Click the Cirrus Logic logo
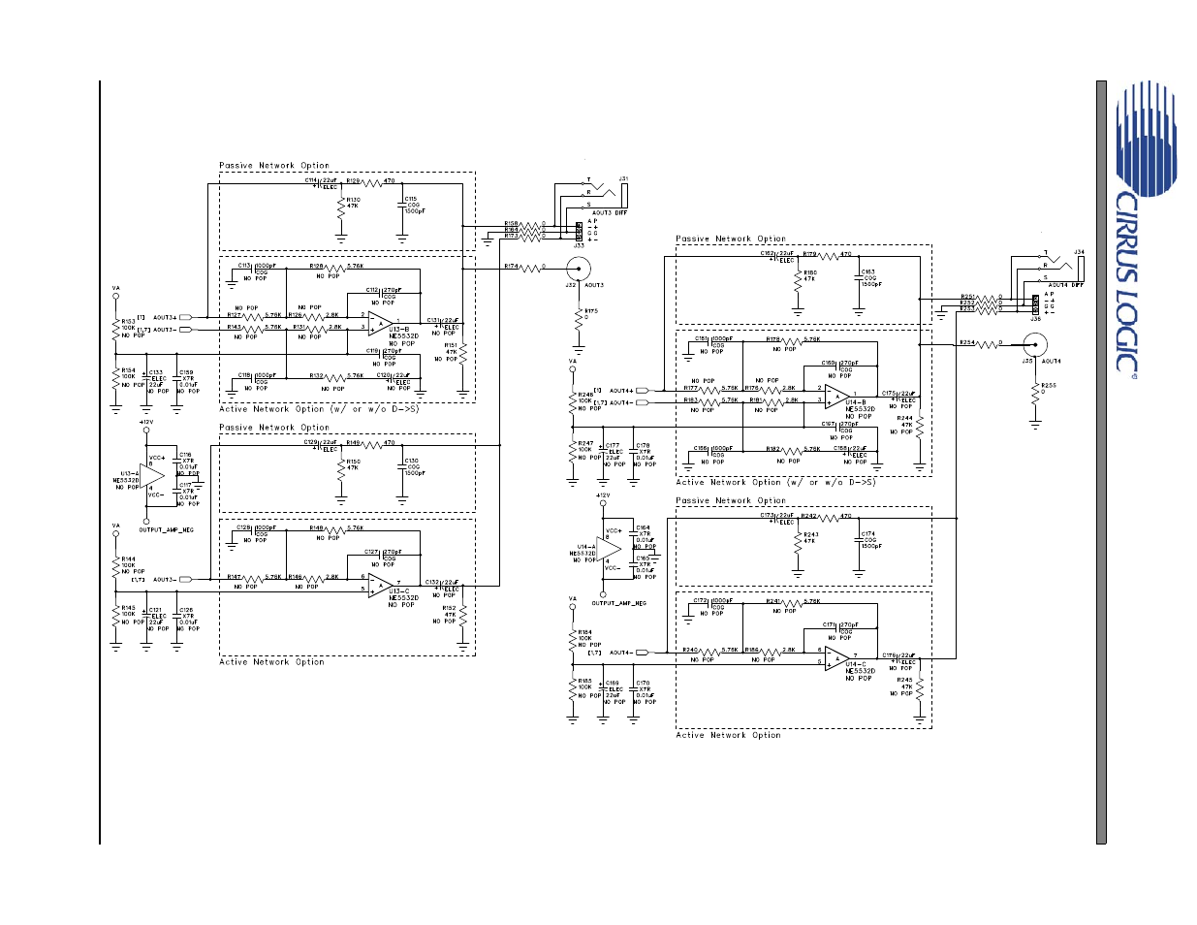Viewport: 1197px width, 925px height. tap(1144, 223)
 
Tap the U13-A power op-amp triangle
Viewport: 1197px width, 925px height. tap(152, 477)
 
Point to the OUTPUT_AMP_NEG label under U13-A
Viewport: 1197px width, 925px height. tap(166, 530)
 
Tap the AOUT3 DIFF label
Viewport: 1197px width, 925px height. tap(609, 213)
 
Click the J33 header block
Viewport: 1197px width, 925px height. tap(579, 231)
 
